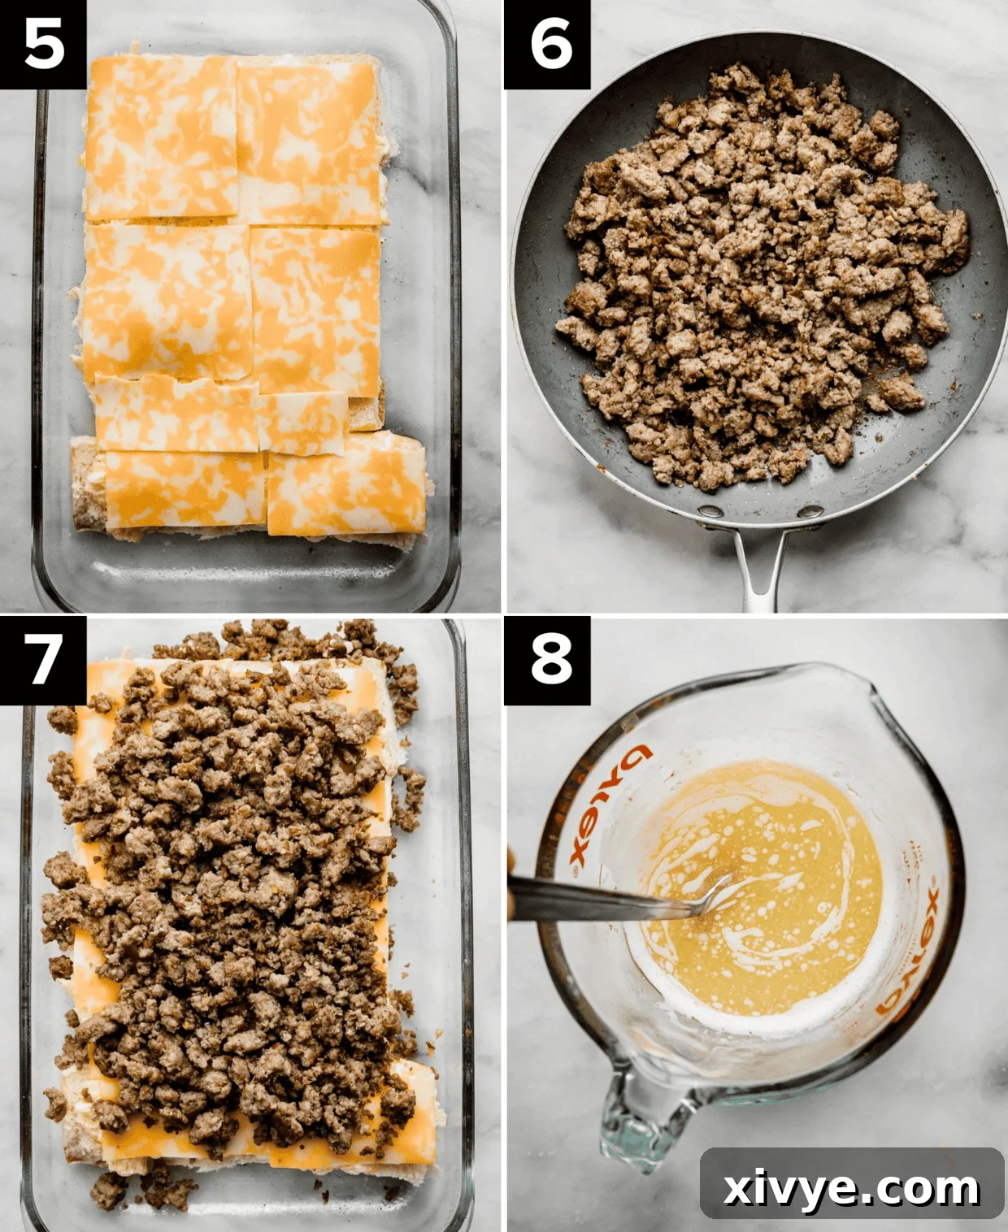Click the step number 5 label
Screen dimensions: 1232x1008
pyautogui.click(x=43, y=44)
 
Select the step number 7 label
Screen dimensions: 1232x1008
pyautogui.click(x=43, y=659)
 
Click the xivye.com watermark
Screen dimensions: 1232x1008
pyautogui.click(x=851, y=1189)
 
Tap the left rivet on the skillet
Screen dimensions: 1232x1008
pyautogui.click(x=711, y=511)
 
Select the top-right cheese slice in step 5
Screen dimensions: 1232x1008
pyautogui.click(x=309, y=142)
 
